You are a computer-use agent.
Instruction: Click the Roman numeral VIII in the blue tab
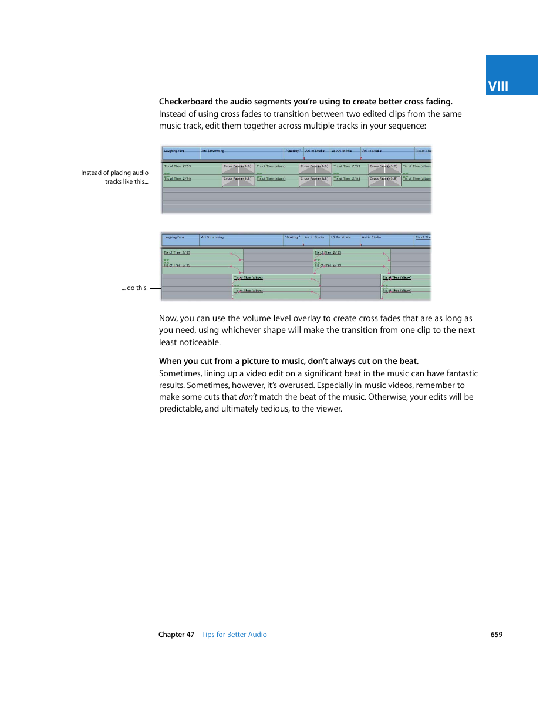coord(498,86)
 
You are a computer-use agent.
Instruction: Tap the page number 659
coord(497,635)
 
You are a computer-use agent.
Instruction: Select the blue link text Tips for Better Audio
coord(234,635)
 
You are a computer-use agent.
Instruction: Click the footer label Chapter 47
coord(176,635)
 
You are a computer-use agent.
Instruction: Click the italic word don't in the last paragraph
coord(248,397)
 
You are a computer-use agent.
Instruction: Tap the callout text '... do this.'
coord(134,288)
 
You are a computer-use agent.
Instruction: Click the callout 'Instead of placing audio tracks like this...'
coord(115,177)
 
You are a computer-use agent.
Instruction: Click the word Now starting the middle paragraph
coord(168,319)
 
